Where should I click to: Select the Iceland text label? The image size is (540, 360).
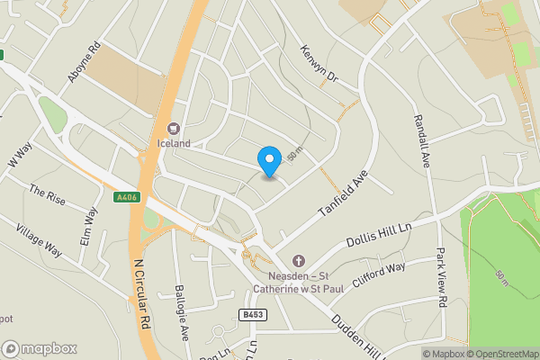pyautogui.click(x=174, y=143)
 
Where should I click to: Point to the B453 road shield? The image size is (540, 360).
pyautogui.click(x=252, y=314)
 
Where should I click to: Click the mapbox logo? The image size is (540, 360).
pyautogui.click(x=40, y=348)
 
